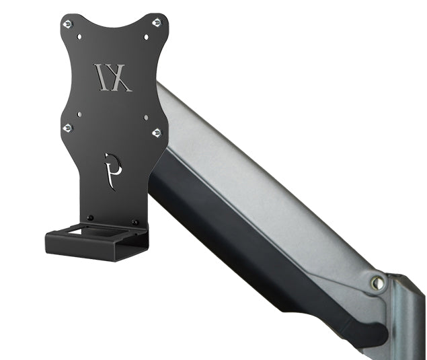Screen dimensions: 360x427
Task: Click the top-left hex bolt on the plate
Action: (x=67, y=24)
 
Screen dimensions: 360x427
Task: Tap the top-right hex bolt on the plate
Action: (x=157, y=23)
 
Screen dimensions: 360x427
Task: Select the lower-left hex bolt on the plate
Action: (x=67, y=128)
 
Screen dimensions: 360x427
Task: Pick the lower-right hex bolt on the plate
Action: (x=157, y=133)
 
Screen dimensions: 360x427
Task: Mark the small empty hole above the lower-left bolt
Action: (x=79, y=115)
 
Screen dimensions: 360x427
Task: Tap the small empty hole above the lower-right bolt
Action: (x=145, y=118)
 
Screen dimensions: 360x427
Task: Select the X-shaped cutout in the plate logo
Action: (x=121, y=77)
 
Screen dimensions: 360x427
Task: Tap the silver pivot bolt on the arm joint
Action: (x=377, y=283)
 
